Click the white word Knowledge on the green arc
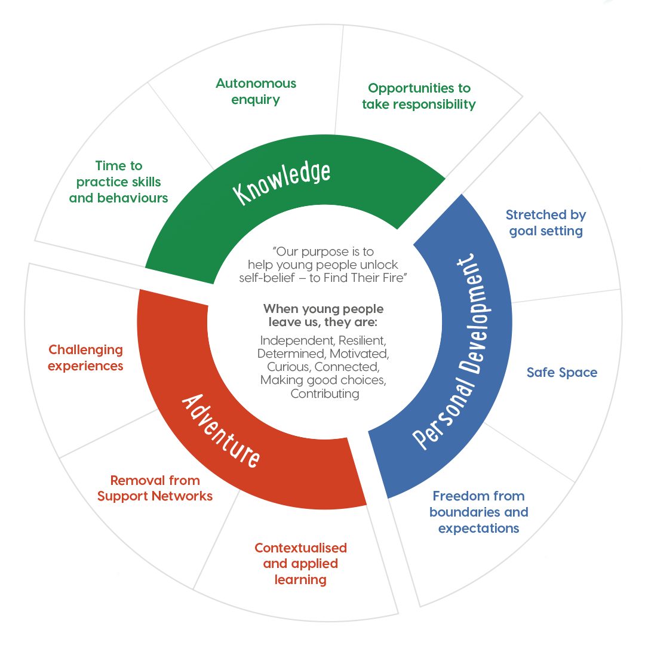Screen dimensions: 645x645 pyautogui.click(x=282, y=183)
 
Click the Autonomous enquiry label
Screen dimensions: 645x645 pyautogui.click(x=256, y=91)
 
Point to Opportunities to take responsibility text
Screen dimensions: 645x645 pyautogui.click(x=419, y=96)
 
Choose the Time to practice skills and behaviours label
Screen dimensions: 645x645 pyautogui.click(x=118, y=182)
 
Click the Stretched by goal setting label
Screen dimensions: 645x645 pyautogui.click(x=545, y=223)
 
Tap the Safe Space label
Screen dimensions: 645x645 pyautogui.click(x=561, y=373)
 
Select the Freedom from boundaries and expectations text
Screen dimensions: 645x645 pyautogui.click(x=478, y=512)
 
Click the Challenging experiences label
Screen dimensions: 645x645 pyautogui.click(x=85, y=358)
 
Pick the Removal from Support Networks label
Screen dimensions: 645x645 pyautogui.click(x=155, y=488)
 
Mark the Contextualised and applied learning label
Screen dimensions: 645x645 pyautogui.click(x=300, y=563)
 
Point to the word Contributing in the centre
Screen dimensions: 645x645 pyautogui.click(x=324, y=394)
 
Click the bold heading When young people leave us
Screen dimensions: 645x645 pyautogui.click(x=323, y=316)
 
